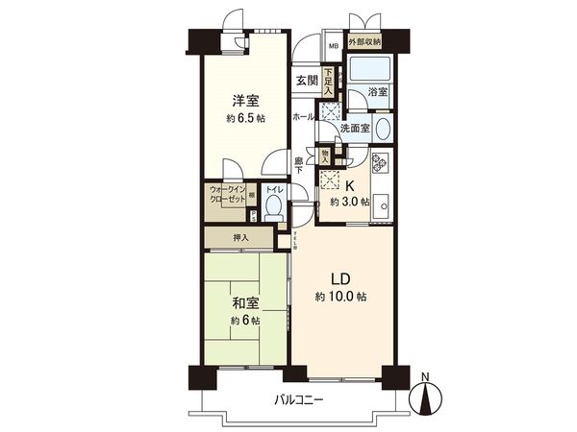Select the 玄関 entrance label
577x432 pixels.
click(306, 81)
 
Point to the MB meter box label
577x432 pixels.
click(334, 44)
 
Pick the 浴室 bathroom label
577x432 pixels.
click(377, 92)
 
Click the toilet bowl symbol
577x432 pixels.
click(272, 207)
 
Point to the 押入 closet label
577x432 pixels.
click(240, 238)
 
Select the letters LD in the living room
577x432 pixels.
click(340, 278)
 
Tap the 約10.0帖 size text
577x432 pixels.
click(340, 298)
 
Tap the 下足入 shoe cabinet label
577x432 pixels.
click(328, 80)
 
